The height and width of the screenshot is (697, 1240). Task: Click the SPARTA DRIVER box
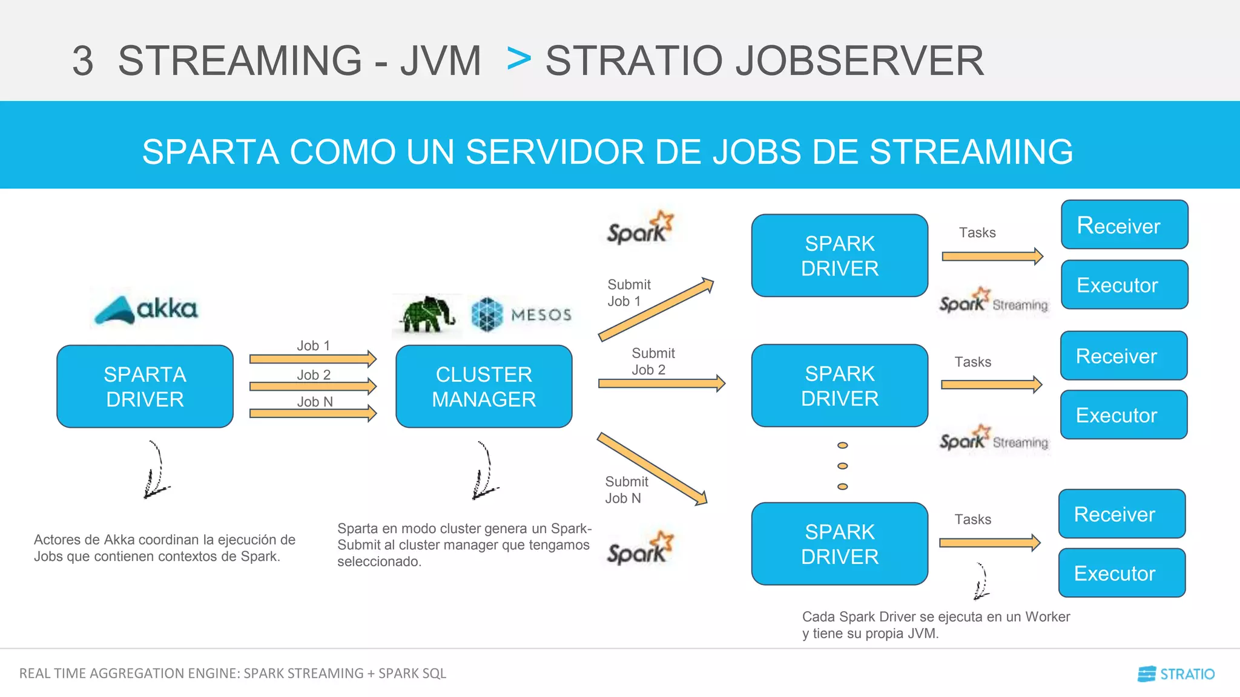pyautogui.click(x=145, y=387)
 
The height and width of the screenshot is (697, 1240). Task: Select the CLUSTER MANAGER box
pyautogui.click(x=484, y=387)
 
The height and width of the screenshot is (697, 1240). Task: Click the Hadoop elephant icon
pyautogui.click(x=427, y=315)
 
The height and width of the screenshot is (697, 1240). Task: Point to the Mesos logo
pyautogui.click(x=521, y=315)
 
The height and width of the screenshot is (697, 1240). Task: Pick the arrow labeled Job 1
pyautogui.click(x=312, y=359)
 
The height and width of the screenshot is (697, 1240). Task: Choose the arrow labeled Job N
pyautogui.click(x=312, y=413)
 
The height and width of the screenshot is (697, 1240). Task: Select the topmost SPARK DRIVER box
pyautogui.click(x=839, y=255)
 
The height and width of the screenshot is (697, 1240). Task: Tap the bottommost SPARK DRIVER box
pyautogui.click(x=839, y=544)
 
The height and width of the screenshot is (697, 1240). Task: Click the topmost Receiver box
pyautogui.click(x=1124, y=225)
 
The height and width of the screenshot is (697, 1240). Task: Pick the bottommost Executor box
pyautogui.click(x=1121, y=573)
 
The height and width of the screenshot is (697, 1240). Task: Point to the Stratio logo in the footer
pyautogui.click(x=1176, y=674)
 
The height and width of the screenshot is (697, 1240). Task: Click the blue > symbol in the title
pyautogui.click(x=519, y=59)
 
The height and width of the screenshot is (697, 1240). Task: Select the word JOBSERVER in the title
pyautogui.click(x=860, y=61)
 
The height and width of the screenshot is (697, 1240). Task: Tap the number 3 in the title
pyautogui.click(x=83, y=61)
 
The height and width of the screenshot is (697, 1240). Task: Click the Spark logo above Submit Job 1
pyautogui.click(x=640, y=228)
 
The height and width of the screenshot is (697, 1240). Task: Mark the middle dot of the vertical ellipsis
pyautogui.click(x=842, y=466)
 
